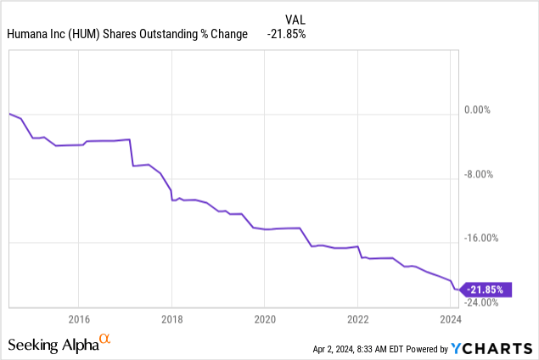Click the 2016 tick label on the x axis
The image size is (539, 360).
[78, 319]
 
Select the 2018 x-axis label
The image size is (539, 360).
[171, 319]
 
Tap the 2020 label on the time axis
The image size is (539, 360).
[264, 319]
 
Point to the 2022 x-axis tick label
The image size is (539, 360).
[357, 319]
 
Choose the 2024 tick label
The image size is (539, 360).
[450, 319]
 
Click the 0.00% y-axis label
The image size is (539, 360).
[497, 110]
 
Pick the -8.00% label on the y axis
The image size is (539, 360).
[496, 174]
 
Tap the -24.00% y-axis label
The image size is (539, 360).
[493, 301]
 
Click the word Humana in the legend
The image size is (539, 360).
[28, 34]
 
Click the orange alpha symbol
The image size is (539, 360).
[104, 340]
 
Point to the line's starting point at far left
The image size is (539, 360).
[8, 114]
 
